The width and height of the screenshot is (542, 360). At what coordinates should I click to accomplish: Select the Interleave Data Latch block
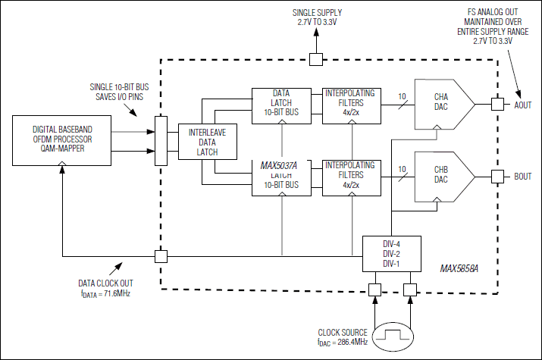click(202, 142)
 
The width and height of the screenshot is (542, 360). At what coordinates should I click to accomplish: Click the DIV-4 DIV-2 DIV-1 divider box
click(391, 253)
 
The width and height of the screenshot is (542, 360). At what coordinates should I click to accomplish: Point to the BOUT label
click(523, 177)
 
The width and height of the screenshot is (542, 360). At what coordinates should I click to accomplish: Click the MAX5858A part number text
click(465, 269)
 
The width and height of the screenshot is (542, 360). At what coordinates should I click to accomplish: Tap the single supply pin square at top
click(318, 58)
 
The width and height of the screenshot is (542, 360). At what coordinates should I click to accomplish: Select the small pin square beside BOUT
click(497, 177)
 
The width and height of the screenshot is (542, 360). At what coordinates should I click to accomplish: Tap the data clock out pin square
click(160, 256)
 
